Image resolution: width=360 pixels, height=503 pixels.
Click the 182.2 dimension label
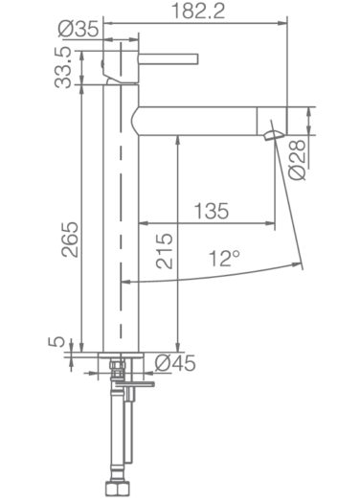pos(198,11)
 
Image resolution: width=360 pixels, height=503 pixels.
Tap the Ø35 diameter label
pos(79,29)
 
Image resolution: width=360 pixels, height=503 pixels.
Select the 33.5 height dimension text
pos(62,67)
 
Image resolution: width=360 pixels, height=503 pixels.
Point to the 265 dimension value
pos(70,240)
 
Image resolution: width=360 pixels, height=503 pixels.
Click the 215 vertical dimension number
pos(164,251)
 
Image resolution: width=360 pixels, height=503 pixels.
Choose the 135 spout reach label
pos(212,211)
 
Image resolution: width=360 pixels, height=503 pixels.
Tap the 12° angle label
pos(224,259)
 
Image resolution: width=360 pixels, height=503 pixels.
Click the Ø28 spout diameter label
pos(297,159)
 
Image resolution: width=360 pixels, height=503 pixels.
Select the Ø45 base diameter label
pos(175,363)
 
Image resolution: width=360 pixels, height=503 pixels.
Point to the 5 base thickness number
pos(56,342)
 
